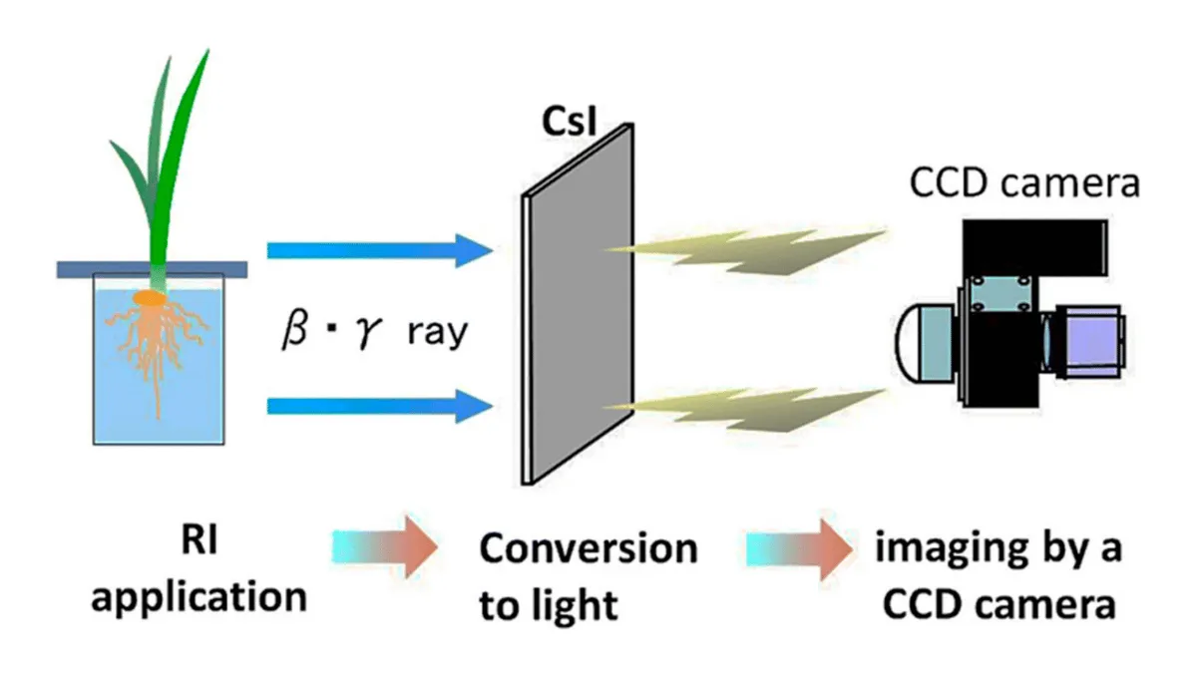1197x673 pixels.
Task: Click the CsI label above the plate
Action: point(569,122)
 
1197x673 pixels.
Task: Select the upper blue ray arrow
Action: point(380,250)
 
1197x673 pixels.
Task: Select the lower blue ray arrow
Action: point(380,407)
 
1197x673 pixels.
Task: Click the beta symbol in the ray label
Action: point(295,332)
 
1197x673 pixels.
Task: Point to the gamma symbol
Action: point(370,334)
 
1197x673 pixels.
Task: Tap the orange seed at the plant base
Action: point(150,297)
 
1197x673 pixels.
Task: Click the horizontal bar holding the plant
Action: point(153,270)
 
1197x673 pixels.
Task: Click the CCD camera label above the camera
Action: point(1025,183)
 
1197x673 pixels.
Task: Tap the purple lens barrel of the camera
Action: point(1091,342)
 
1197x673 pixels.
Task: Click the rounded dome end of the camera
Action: point(909,343)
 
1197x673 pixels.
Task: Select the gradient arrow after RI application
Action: point(385,547)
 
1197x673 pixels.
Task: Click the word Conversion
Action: point(589,548)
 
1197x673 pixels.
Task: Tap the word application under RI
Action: point(199,597)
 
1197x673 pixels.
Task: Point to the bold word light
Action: point(574,606)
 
